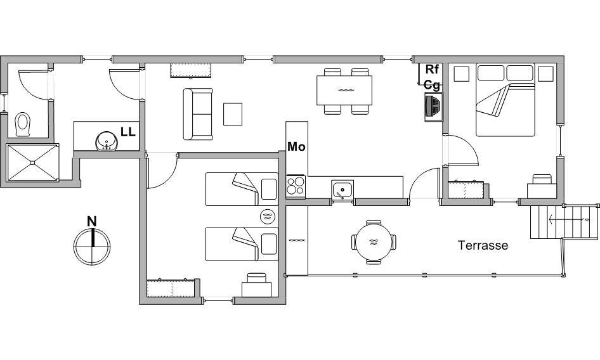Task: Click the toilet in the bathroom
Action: [x=23, y=124]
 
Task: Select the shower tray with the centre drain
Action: [x=33, y=162]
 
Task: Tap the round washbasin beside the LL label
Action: [x=107, y=141]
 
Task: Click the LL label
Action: [x=128, y=132]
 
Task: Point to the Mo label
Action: [x=296, y=146]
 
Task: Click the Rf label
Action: [x=432, y=69]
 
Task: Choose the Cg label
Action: [x=432, y=85]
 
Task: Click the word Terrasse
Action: [x=483, y=245]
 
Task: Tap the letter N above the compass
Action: [x=92, y=221]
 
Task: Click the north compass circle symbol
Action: [x=92, y=247]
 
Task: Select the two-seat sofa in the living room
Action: [x=198, y=114]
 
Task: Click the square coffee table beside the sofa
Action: [x=233, y=114]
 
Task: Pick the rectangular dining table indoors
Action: [x=344, y=90]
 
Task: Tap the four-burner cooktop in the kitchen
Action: [x=296, y=186]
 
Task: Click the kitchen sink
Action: [x=342, y=190]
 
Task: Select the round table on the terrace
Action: [x=374, y=242]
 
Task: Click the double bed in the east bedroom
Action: [x=505, y=100]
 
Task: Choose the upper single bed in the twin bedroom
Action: [x=242, y=189]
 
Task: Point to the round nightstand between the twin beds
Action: [x=268, y=217]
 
